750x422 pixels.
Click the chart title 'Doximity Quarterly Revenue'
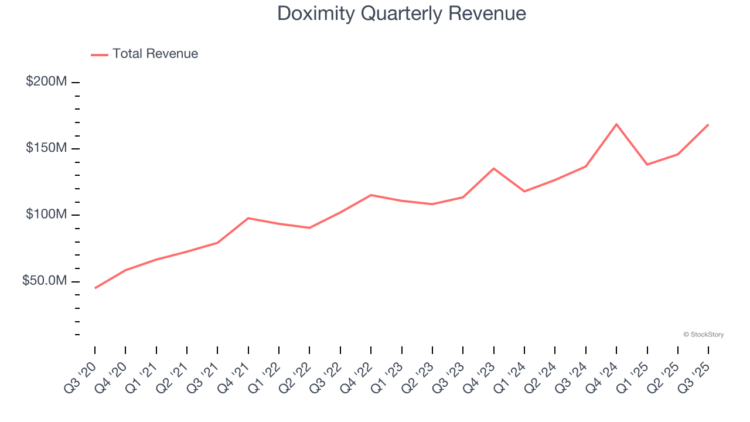401,13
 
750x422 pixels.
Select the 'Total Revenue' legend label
155,54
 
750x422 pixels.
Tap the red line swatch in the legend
100,55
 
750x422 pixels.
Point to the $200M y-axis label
46,81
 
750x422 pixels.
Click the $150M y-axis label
46,148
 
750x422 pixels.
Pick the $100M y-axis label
46,215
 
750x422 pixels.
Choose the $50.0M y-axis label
44,281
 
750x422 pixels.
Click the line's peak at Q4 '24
616,124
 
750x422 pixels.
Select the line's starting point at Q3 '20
95,288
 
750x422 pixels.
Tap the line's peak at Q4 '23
494,169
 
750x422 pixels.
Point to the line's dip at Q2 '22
309,227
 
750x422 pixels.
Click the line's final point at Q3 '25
708,125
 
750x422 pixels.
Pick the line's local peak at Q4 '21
248,218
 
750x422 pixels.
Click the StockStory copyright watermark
703,335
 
